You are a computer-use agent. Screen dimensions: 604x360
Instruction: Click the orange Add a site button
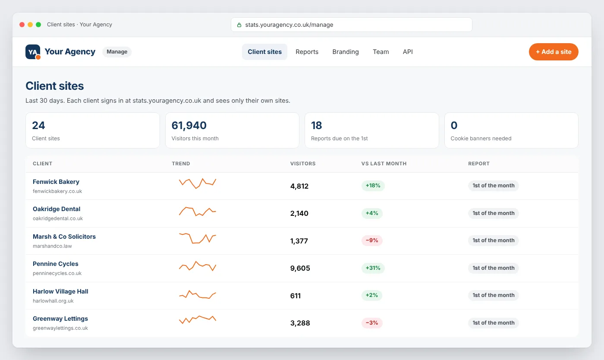coord(553,52)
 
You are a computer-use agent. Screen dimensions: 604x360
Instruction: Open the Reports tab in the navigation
coord(307,52)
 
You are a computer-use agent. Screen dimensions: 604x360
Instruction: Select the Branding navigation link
coord(346,52)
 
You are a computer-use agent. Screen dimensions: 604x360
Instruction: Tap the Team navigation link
coord(381,52)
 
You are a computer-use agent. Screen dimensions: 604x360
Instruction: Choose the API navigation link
coord(408,52)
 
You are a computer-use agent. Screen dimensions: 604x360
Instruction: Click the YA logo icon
coord(33,52)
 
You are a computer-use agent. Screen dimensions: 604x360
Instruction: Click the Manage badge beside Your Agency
coord(117,52)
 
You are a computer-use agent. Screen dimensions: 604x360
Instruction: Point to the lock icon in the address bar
coord(239,25)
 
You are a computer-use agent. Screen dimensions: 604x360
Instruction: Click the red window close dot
coord(22,25)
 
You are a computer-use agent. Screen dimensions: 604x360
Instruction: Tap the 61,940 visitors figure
coord(189,125)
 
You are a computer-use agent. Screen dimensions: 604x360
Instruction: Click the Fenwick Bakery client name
coord(56,182)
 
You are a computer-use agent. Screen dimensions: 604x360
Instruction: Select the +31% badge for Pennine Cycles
coord(373,268)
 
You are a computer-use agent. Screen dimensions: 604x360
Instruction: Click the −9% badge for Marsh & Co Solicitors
coord(372,240)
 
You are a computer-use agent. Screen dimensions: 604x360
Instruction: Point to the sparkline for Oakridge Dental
coord(198,212)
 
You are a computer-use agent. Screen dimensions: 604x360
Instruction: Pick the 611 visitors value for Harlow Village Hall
coord(295,296)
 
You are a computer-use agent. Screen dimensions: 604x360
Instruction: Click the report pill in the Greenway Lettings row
coord(494,323)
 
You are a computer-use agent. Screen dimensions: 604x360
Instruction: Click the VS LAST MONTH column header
coord(384,164)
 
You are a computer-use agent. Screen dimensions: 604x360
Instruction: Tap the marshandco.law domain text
coord(52,246)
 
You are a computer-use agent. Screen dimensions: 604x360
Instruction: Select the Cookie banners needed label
coord(481,139)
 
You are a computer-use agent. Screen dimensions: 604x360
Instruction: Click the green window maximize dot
coord(38,25)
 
